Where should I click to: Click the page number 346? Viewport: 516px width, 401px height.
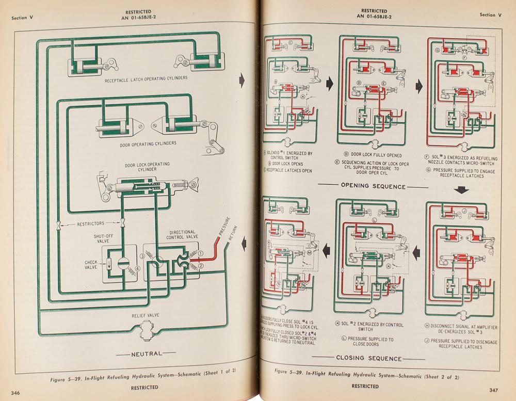click(14, 393)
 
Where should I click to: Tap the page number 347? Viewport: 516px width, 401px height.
click(496, 389)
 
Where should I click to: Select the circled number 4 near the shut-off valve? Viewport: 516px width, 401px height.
click(137, 268)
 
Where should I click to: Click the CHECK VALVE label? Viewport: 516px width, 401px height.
click(91, 265)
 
